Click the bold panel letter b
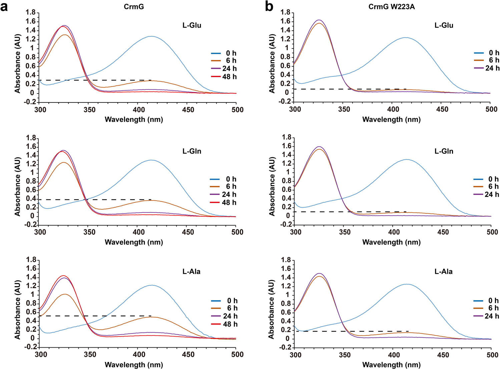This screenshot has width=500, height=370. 269,7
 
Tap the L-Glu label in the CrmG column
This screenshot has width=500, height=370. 192,25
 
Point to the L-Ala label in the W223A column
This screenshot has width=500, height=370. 443,271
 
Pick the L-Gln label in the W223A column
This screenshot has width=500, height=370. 444,151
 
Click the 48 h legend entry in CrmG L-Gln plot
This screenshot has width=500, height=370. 229,202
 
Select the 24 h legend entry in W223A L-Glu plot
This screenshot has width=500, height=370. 492,68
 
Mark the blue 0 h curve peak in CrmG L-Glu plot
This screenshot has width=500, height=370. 151,36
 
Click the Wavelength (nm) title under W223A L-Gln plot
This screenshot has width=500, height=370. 391,242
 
